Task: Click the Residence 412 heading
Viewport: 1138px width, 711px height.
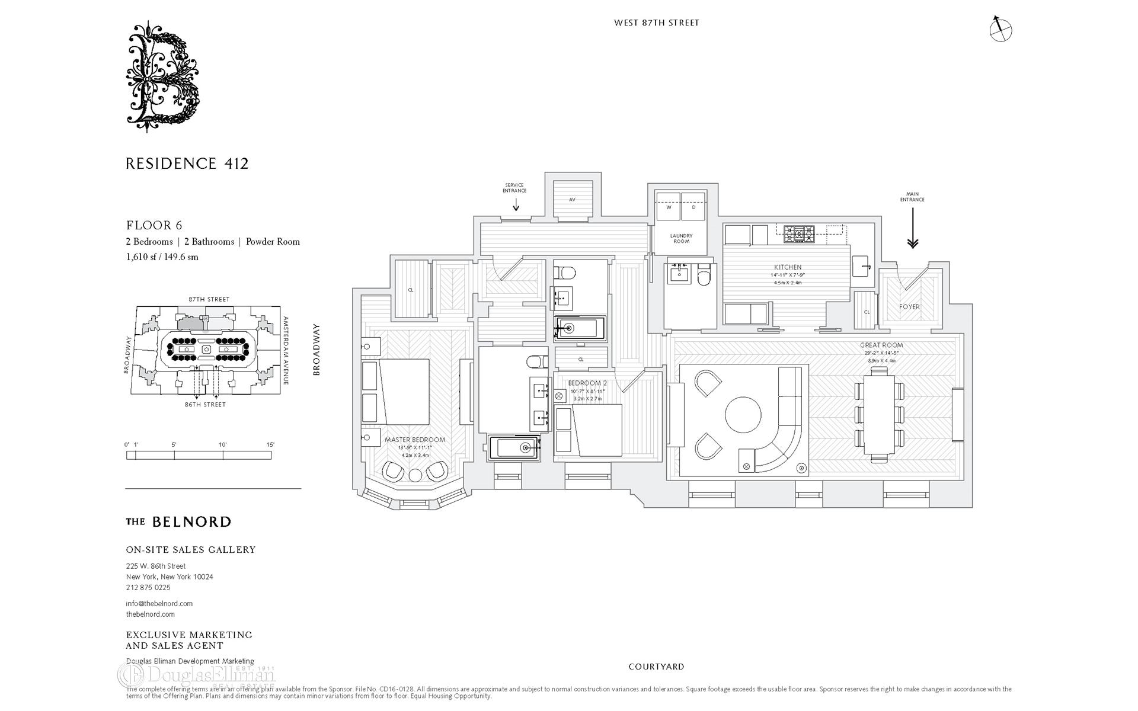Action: pyautogui.click(x=187, y=164)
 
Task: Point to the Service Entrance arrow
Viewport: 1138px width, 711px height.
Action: pyautogui.click(x=516, y=204)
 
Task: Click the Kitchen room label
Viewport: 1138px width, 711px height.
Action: pyautogui.click(x=788, y=267)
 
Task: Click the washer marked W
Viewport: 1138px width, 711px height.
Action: pyautogui.click(x=668, y=207)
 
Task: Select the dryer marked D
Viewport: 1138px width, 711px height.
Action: pyautogui.click(x=693, y=207)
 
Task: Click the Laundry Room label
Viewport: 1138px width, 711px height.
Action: pyautogui.click(x=682, y=238)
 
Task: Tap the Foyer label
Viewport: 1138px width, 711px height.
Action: pyautogui.click(x=909, y=307)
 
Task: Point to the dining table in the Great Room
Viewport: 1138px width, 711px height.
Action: pyautogui.click(x=880, y=414)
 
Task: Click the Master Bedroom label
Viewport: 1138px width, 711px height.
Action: pyautogui.click(x=415, y=440)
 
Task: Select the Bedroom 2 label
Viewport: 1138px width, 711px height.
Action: pyautogui.click(x=587, y=383)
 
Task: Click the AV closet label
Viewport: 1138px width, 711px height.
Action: pyautogui.click(x=573, y=200)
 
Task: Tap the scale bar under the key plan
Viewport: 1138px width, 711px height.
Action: pyautogui.click(x=199, y=455)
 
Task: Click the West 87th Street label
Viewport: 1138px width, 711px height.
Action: pyautogui.click(x=657, y=23)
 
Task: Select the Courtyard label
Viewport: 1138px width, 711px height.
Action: pyautogui.click(x=656, y=667)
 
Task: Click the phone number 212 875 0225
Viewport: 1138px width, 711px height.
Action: pyautogui.click(x=148, y=588)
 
